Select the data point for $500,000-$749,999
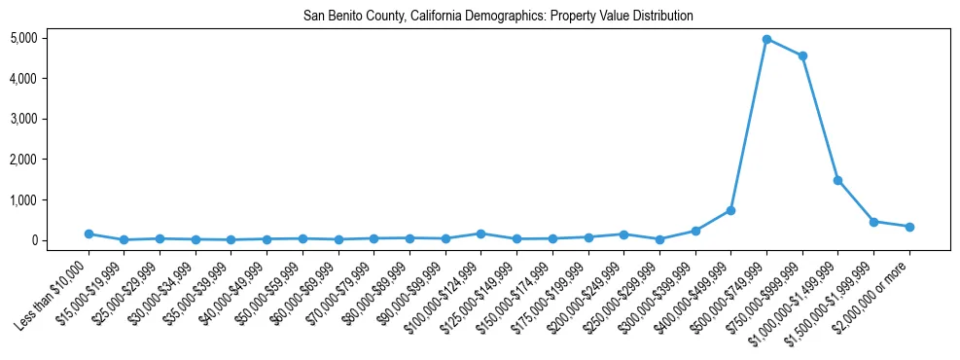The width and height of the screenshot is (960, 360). [766, 40]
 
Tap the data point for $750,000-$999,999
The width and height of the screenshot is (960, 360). [802, 56]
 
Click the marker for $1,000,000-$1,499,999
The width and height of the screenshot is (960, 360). [837, 180]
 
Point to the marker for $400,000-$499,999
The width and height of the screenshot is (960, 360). [730, 210]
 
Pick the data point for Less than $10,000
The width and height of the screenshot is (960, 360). [89, 234]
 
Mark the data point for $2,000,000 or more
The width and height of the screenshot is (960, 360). [909, 227]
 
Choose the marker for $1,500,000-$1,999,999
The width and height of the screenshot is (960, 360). [873, 222]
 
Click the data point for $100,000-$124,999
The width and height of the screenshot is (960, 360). [480, 234]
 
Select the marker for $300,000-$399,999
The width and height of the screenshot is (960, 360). [695, 231]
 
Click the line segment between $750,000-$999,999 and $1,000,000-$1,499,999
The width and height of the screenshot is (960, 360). [820, 118]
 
